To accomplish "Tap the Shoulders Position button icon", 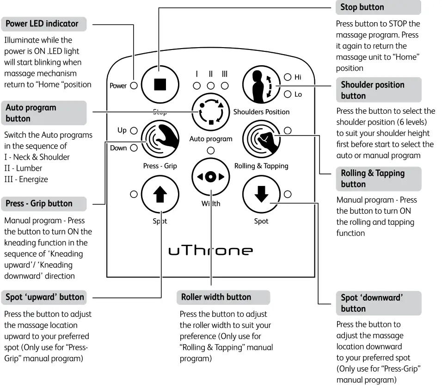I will point(262,85).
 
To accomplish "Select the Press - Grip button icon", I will point(160,139).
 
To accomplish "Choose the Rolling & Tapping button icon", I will point(262,139).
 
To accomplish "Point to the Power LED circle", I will point(134,86).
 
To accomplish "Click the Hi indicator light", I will point(288,77).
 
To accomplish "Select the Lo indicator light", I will point(288,94).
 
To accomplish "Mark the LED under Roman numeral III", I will point(225,86).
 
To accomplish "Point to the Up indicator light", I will point(134,130).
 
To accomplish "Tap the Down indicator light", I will point(134,148).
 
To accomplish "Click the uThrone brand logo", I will point(211,250).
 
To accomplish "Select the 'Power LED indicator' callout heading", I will point(42,24).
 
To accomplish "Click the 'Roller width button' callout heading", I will point(216,297).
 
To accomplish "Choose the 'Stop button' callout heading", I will point(362,7).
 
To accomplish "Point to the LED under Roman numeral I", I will point(197,86).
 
